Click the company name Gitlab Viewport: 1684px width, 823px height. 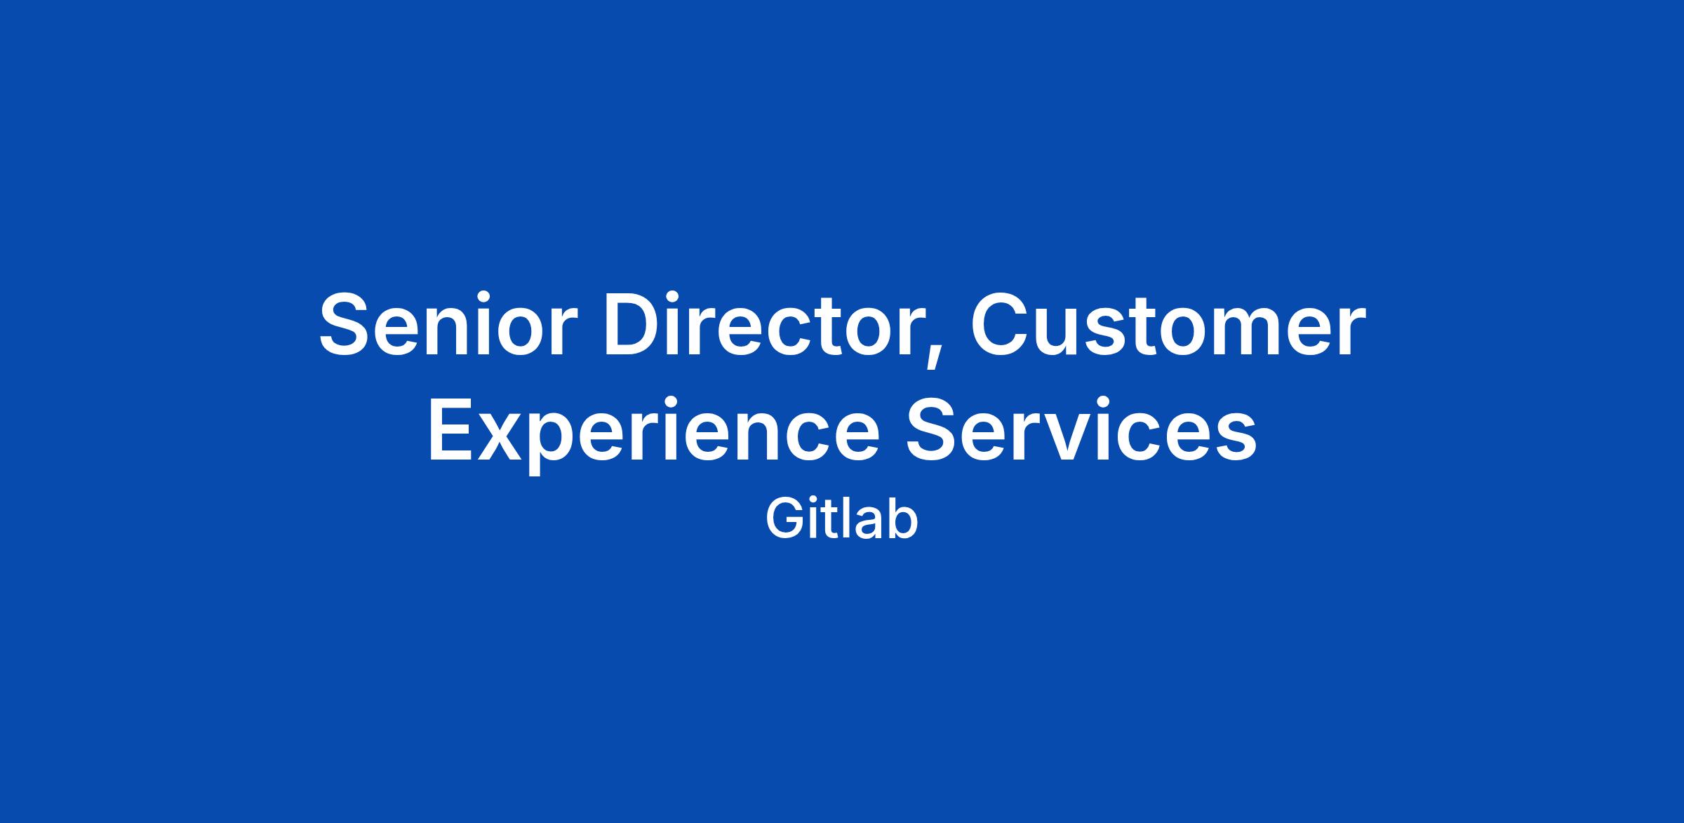coord(841,519)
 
